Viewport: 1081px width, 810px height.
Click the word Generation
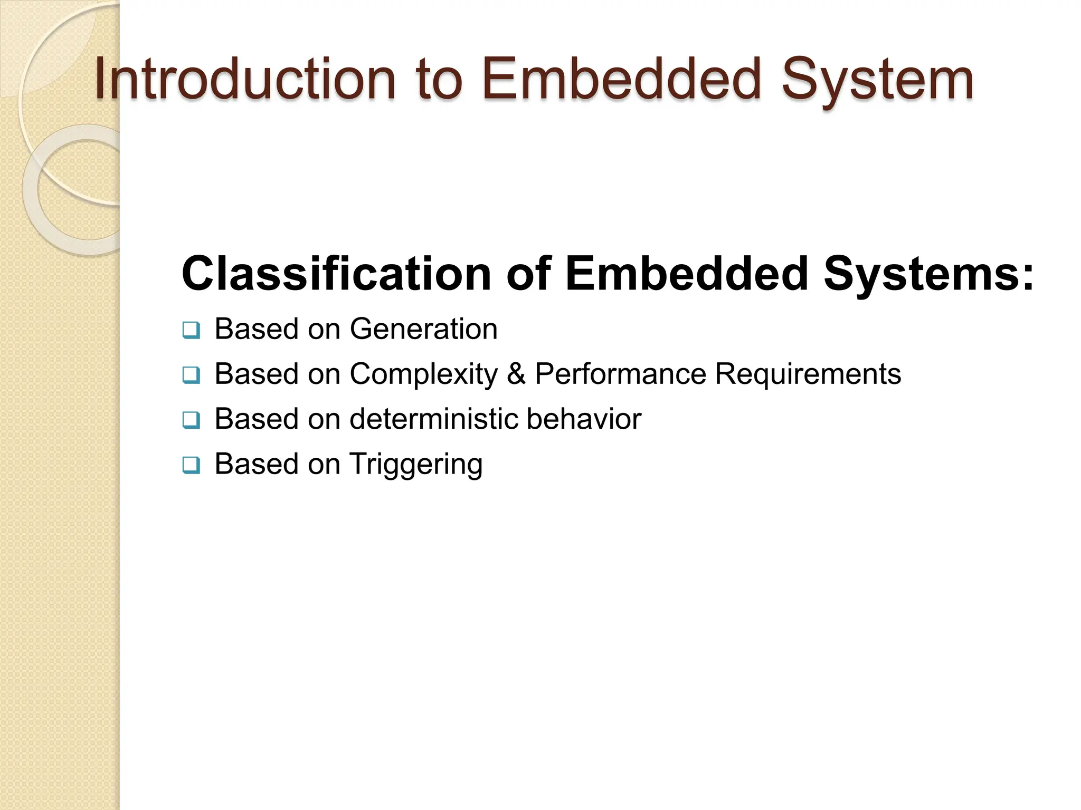(x=423, y=329)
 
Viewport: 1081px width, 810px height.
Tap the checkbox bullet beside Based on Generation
(x=191, y=330)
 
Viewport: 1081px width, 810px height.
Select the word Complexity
(x=423, y=374)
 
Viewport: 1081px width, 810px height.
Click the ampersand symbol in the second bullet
(x=516, y=374)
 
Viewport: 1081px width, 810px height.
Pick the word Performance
(x=620, y=374)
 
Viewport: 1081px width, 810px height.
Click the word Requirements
(x=808, y=374)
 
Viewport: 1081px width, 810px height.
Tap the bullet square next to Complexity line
(x=191, y=375)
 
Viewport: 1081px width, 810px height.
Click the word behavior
(x=583, y=419)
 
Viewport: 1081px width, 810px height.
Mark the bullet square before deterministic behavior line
(x=191, y=420)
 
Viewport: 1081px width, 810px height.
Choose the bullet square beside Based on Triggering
(x=191, y=466)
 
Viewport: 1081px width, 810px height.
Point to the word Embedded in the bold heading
(x=686, y=274)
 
